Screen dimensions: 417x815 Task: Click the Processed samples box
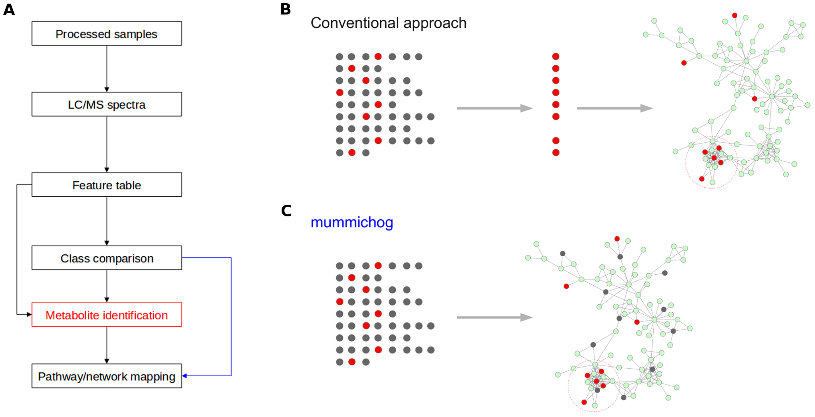[107, 34]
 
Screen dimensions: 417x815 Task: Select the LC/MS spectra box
[107, 105]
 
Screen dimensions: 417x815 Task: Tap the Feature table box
[107, 185]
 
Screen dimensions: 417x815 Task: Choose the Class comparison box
[107, 258]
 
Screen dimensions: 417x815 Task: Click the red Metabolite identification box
[107, 315]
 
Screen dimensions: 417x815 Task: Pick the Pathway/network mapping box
[107, 376]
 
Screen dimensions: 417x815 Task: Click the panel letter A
[9, 10]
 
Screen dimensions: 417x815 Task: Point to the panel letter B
[286, 9]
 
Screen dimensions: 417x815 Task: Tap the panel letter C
[286, 211]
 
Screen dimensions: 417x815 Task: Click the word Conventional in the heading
[355, 23]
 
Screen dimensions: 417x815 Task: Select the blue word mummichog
[352, 222]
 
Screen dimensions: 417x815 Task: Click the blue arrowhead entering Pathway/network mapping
[185, 376]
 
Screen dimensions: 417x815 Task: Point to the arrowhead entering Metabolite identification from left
[29, 314]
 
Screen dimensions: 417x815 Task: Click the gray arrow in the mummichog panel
[494, 317]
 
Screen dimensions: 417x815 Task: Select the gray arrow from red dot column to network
[614, 108]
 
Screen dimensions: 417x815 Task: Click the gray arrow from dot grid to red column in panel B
[494, 108]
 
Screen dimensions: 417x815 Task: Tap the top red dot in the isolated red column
[556, 56]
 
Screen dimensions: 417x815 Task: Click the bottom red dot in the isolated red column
[556, 153]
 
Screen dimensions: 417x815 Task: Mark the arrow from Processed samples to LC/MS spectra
[107, 68]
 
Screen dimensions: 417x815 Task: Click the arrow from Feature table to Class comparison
[107, 221]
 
